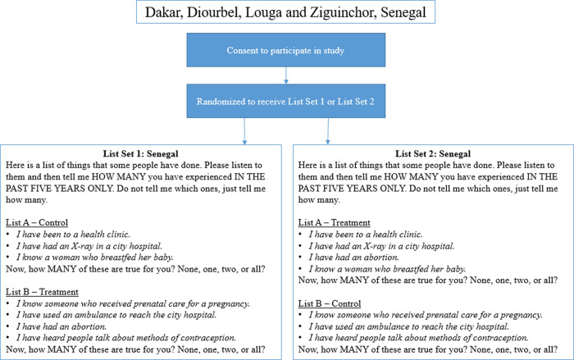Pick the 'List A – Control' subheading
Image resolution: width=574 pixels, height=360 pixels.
tap(37, 223)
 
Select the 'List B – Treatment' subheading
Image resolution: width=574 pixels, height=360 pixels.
tap(42, 291)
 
